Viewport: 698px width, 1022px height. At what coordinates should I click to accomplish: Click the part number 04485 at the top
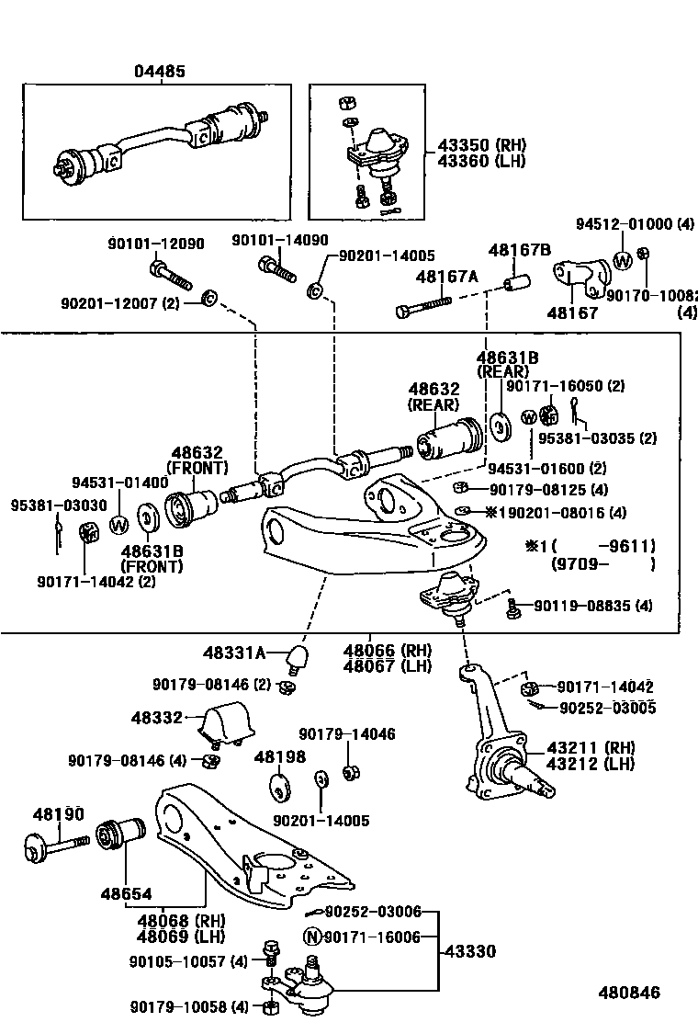[x=160, y=71]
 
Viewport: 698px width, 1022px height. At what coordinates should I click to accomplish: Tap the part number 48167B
[x=520, y=249]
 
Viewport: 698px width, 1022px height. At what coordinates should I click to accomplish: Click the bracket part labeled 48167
[x=578, y=276]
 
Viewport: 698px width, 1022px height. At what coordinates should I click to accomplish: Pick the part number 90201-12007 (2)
[x=120, y=302]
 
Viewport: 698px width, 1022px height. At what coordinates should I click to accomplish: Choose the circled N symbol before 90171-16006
[x=312, y=937]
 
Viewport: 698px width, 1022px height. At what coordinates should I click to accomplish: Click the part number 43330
[x=476, y=951]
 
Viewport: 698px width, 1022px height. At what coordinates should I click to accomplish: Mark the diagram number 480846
[x=629, y=993]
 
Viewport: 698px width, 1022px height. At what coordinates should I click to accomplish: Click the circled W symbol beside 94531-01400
[x=118, y=524]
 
